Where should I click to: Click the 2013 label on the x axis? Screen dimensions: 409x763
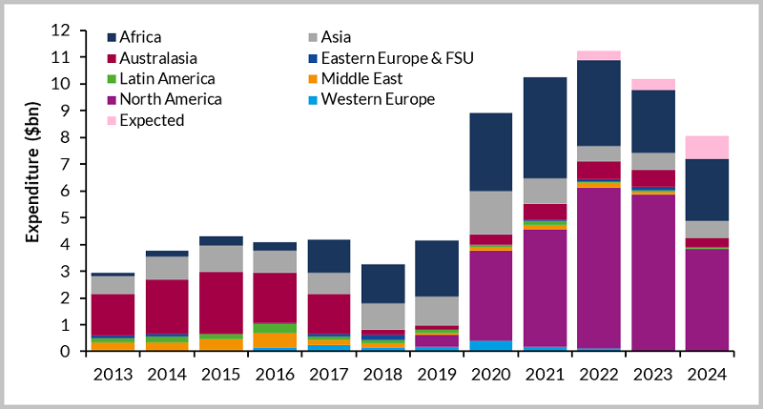[x=112, y=372]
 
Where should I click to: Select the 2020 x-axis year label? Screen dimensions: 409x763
[x=490, y=372]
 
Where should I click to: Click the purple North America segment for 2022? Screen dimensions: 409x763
[x=599, y=267]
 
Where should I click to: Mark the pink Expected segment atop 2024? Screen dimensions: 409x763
[x=707, y=147]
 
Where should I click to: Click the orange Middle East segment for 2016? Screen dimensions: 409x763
[x=275, y=339]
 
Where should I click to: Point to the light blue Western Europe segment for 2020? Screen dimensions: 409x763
[x=490, y=345]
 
